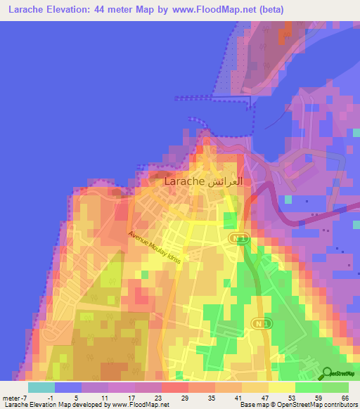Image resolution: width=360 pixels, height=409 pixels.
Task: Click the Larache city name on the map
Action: click(x=184, y=181)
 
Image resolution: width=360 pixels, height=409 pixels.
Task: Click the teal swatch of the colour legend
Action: click(x=41, y=387)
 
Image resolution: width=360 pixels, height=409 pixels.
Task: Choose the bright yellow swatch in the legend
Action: click(x=282, y=387)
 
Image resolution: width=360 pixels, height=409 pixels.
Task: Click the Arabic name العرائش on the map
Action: click(x=226, y=181)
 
